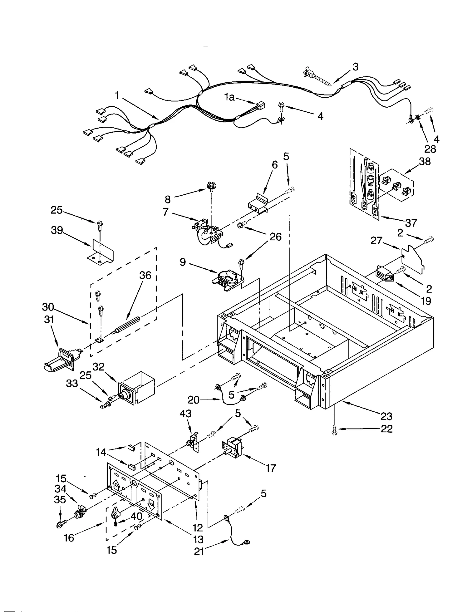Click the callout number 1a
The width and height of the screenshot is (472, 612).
click(229, 97)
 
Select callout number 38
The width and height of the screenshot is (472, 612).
click(425, 161)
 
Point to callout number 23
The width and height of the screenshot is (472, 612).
click(386, 416)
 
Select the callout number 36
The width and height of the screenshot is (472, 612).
click(145, 275)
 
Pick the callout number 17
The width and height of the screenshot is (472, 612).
click(271, 468)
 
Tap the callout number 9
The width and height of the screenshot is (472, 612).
click(183, 262)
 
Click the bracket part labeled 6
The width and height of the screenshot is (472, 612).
click(258, 204)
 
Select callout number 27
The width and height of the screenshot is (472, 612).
click(376, 241)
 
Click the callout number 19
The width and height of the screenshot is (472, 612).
click(426, 301)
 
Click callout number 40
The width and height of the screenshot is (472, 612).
click(136, 516)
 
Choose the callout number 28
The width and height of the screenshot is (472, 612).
click(430, 149)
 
